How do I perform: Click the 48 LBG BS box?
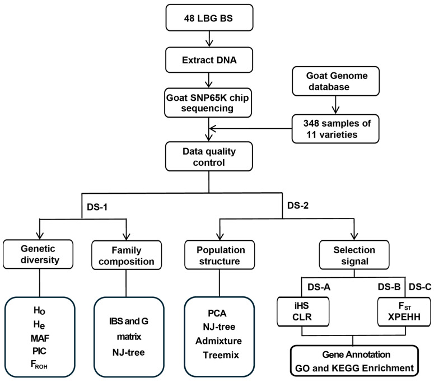coord(209,18)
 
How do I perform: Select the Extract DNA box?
coord(209,60)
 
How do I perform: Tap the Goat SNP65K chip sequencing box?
coord(208,103)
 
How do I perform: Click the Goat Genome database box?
coord(336,81)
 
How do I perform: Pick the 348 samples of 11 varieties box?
coord(335,129)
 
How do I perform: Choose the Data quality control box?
coord(209,156)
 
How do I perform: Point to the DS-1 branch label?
coord(97,207)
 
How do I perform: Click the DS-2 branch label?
coord(298,206)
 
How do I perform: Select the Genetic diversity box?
coord(38,254)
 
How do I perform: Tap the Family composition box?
coord(127,255)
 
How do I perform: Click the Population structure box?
coord(220,255)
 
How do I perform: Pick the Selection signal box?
coord(354,255)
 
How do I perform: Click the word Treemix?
coord(221,355)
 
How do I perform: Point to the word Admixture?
coord(218,341)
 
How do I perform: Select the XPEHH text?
coord(404,316)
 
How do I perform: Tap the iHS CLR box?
coord(303,311)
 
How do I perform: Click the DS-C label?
coord(420,287)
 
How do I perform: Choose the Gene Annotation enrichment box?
coord(354,361)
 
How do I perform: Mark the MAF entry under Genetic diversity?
coord(40,338)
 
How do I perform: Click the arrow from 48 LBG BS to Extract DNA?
coord(209,39)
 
